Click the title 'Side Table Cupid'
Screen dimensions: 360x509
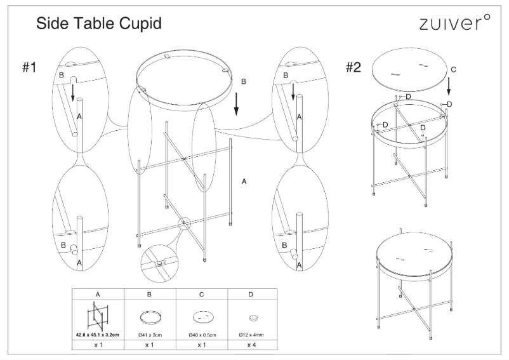click(x=99, y=24)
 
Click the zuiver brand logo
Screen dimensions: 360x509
click(x=455, y=24)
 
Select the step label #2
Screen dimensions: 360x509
click(x=354, y=68)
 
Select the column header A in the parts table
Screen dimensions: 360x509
click(x=98, y=295)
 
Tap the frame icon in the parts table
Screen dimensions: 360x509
click(x=98, y=315)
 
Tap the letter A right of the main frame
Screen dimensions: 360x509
click(x=244, y=182)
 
